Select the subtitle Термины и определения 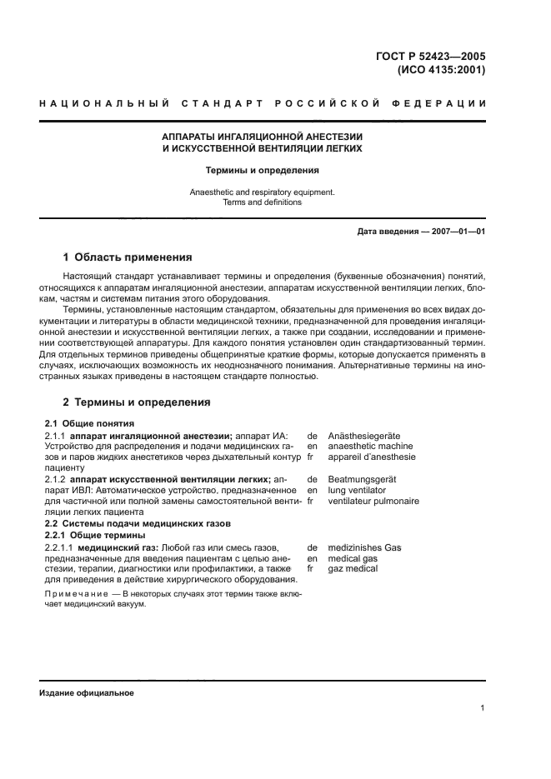(x=263, y=170)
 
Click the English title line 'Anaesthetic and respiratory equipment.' (x=263, y=192)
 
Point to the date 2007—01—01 (x=454, y=231)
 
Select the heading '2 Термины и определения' (x=137, y=402)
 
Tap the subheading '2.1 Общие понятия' (x=83, y=423)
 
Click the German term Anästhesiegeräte (x=365, y=435)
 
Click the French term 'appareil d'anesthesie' (x=372, y=457)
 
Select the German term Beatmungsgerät (x=363, y=479)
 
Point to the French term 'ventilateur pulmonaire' (x=373, y=501)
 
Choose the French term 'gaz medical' (x=353, y=568)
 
